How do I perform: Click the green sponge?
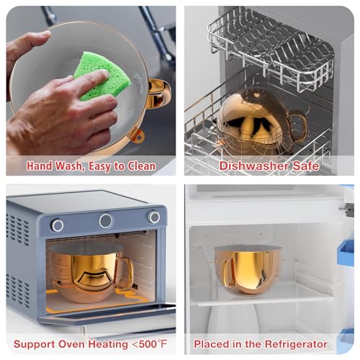click(102, 74)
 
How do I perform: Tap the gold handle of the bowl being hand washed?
click(158, 93)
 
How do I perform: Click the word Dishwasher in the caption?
click(254, 166)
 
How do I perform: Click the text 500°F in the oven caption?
click(153, 344)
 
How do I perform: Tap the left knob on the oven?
click(57, 225)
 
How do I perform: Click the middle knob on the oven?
click(106, 221)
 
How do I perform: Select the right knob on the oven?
click(153, 217)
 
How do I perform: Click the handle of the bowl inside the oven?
click(127, 272)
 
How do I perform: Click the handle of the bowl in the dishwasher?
click(299, 125)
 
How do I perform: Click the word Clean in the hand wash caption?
click(141, 166)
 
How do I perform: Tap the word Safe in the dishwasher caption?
click(306, 166)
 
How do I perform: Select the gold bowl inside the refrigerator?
click(248, 269)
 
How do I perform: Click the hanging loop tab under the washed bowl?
click(138, 136)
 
